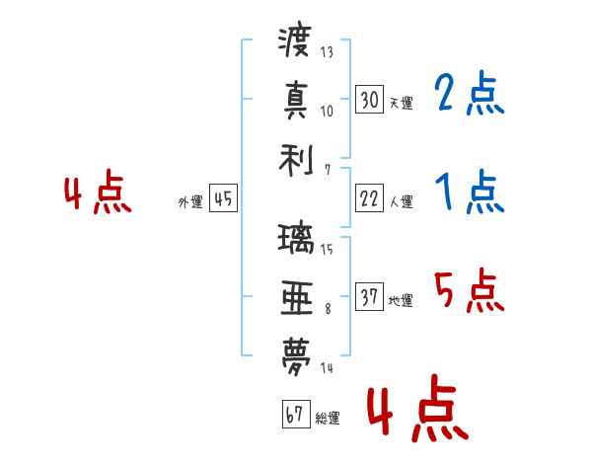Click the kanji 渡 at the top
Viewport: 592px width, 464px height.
click(295, 39)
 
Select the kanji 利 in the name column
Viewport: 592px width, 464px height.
click(296, 161)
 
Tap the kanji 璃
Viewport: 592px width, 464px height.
click(296, 238)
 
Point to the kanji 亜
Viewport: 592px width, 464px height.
click(297, 298)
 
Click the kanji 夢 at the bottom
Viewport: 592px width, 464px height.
click(296, 356)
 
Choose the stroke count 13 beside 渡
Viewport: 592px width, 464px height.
click(327, 51)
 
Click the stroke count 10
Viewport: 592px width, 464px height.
click(327, 112)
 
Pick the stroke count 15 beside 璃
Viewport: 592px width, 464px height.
click(327, 250)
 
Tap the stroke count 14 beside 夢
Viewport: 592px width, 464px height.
click(327, 367)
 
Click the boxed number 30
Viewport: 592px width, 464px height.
click(370, 100)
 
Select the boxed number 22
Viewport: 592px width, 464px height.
click(370, 198)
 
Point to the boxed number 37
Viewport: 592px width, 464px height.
click(370, 296)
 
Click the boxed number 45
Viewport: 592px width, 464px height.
click(223, 198)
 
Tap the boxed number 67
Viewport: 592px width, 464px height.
click(296, 414)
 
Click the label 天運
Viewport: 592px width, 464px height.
click(401, 103)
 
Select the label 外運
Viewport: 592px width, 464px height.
click(190, 202)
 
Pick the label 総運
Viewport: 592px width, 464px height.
click(328, 419)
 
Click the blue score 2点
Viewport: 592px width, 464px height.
click(470, 93)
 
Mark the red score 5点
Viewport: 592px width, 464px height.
click(470, 290)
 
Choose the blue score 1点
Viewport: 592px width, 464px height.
click(470, 192)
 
